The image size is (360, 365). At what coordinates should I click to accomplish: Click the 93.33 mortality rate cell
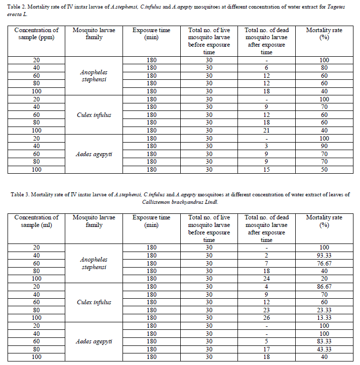click(324, 255)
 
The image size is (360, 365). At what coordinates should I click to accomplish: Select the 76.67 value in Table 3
click(324, 263)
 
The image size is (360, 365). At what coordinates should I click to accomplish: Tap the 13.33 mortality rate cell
click(324, 318)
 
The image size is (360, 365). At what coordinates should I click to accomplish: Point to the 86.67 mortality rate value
click(324, 287)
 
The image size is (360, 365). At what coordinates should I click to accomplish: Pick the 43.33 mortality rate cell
click(324, 349)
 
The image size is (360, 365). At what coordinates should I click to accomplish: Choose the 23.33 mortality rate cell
click(324, 310)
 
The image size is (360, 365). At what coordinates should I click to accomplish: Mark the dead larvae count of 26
click(267, 318)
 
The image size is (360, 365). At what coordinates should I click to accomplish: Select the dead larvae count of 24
click(267, 279)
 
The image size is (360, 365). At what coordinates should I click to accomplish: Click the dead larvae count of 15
click(267, 170)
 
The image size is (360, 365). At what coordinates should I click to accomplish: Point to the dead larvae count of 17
click(267, 349)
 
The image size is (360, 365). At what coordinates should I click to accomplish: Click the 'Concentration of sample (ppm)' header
click(36, 34)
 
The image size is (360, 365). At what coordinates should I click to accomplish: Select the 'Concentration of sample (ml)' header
click(36, 221)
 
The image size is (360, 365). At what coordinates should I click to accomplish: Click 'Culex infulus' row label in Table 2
click(94, 115)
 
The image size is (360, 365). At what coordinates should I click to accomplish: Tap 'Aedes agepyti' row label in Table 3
click(94, 341)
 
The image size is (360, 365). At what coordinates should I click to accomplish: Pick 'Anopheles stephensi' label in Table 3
click(94, 263)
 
